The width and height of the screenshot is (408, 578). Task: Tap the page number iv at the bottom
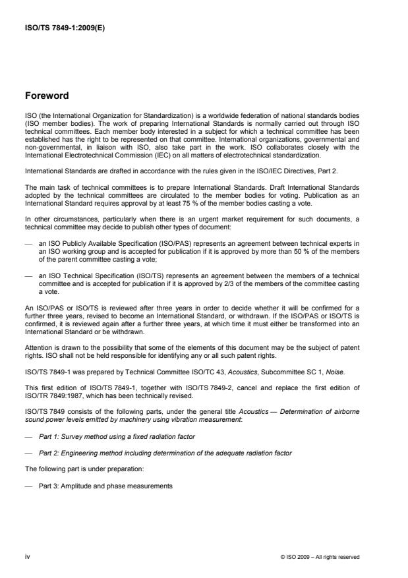(28, 557)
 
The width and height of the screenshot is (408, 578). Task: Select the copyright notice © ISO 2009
(320, 557)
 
